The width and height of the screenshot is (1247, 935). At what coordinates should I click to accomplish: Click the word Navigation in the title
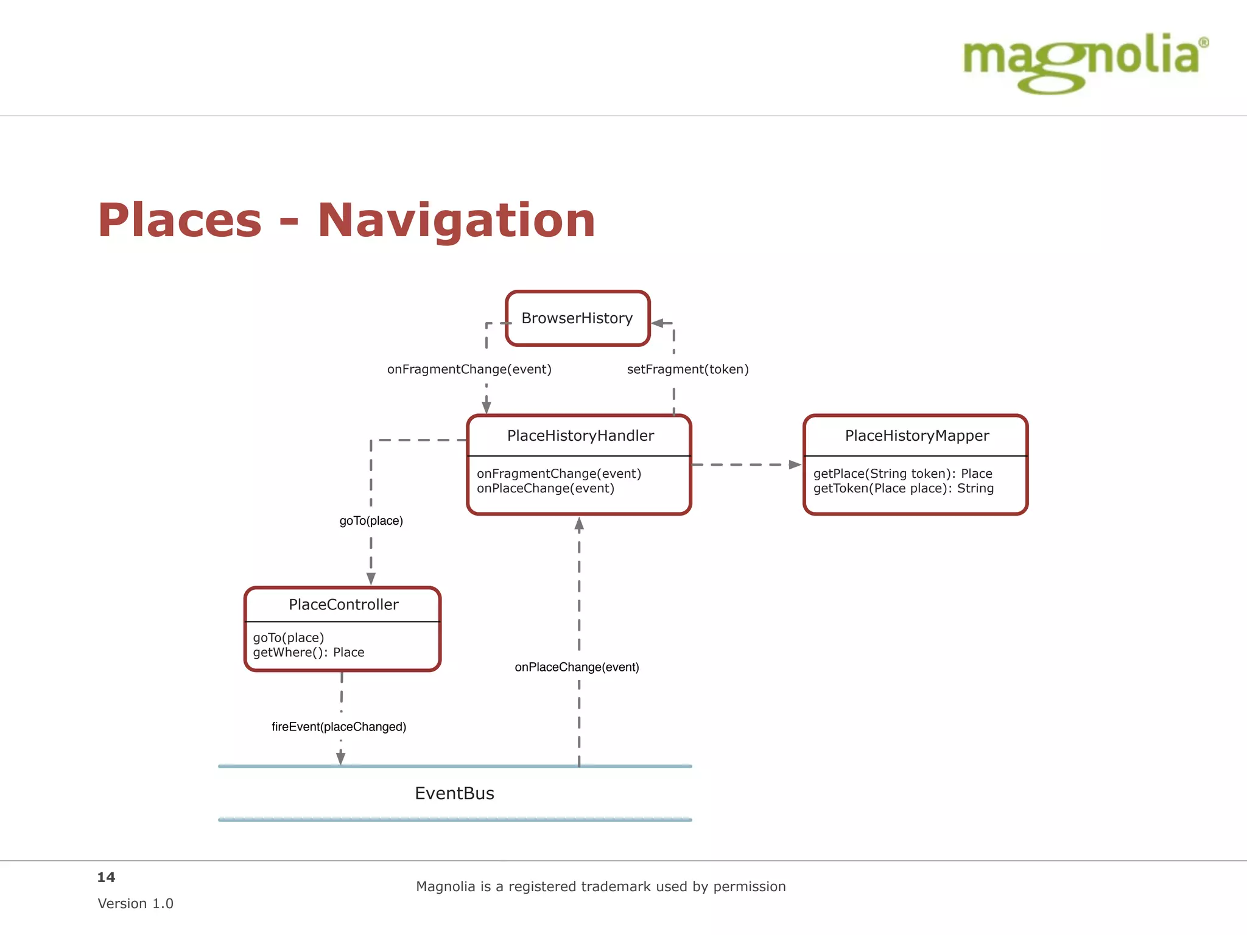(456, 220)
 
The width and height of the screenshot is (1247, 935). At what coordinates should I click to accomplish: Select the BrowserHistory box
(577, 318)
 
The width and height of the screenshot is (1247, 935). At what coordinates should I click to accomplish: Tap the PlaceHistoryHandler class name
(580, 436)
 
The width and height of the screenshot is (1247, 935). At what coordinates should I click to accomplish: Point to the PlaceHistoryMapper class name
(916, 436)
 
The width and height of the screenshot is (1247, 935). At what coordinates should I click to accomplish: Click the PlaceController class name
(343, 604)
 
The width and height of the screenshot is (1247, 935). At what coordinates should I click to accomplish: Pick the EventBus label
(454, 793)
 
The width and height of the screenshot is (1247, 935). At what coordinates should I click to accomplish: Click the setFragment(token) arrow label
(687, 369)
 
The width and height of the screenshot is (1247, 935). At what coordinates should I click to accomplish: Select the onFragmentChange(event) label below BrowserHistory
(469, 369)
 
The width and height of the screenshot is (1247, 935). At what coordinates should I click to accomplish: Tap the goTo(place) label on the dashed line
(371, 521)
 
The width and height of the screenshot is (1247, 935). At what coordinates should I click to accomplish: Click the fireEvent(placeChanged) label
(339, 727)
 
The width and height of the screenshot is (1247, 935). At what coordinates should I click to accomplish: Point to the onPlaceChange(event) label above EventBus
(577, 667)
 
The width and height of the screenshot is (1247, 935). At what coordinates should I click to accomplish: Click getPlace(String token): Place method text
(902, 474)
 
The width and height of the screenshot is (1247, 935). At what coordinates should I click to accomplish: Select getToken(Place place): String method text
(903, 488)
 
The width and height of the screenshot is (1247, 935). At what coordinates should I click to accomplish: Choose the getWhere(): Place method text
(308, 653)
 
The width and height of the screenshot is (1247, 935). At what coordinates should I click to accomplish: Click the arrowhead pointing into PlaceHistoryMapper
(795, 464)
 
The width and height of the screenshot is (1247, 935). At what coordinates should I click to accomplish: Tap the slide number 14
(106, 877)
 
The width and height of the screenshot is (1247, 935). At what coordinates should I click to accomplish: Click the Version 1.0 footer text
(135, 903)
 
